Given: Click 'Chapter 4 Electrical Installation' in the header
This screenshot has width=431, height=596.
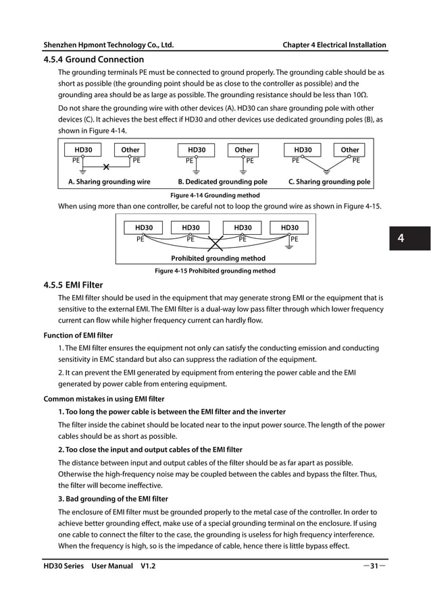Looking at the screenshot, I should coord(334,45).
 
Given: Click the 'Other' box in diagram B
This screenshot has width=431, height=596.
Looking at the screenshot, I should coord(243,150).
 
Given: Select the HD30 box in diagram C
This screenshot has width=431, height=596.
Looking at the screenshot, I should coord(303,150).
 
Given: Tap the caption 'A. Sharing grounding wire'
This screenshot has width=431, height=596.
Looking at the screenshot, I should coord(109,182).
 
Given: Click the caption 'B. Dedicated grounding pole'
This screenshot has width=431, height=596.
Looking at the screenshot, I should coord(222,182).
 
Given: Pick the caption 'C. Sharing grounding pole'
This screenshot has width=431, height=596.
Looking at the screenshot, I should coord(329,182).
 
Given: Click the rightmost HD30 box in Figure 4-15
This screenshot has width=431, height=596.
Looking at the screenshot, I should coord(289,228).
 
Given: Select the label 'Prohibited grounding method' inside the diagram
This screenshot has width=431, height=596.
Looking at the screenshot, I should coord(218,259).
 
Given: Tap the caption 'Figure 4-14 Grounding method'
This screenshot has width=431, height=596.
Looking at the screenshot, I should coord(215,195).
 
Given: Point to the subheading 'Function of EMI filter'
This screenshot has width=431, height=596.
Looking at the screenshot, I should coord(78,335).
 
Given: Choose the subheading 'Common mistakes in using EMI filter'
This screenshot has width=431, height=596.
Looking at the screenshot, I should coord(104,399).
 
